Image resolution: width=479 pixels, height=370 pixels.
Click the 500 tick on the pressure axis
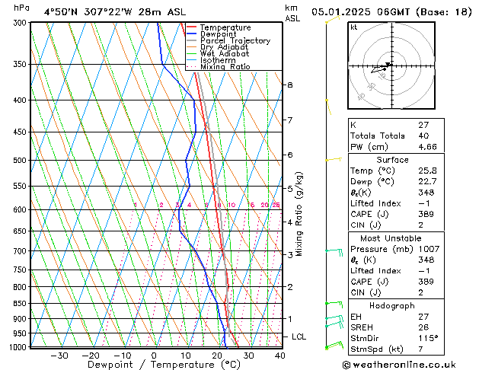20,161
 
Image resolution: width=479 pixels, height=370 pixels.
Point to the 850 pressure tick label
20,303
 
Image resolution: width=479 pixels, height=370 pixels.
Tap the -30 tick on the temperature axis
59,355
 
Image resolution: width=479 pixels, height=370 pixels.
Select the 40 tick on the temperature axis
280,355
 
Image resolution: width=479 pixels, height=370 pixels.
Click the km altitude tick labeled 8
290,85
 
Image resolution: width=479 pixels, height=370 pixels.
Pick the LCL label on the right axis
299,337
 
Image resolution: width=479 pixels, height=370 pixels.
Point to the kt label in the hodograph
354,27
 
